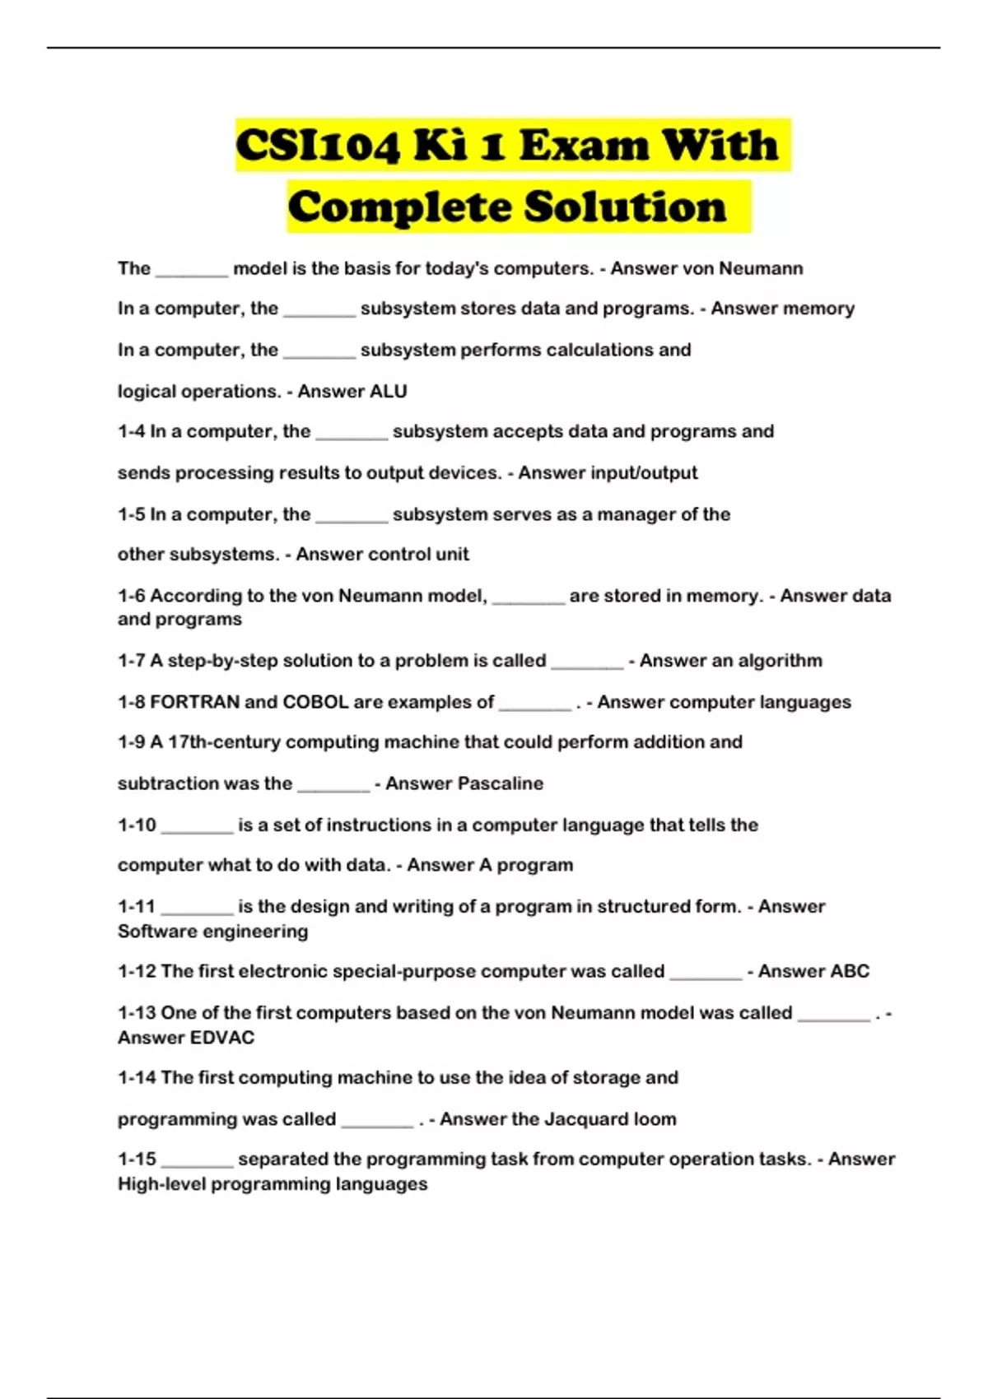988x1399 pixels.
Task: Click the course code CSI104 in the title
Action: [318, 146]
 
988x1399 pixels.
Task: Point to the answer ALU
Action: [389, 391]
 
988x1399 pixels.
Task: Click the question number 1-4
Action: [131, 431]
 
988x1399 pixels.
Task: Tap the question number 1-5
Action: [131, 514]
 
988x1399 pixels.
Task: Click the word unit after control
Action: [452, 554]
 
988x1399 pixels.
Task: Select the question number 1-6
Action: [131, 595]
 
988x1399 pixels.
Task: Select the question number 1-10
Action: [136, 825]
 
